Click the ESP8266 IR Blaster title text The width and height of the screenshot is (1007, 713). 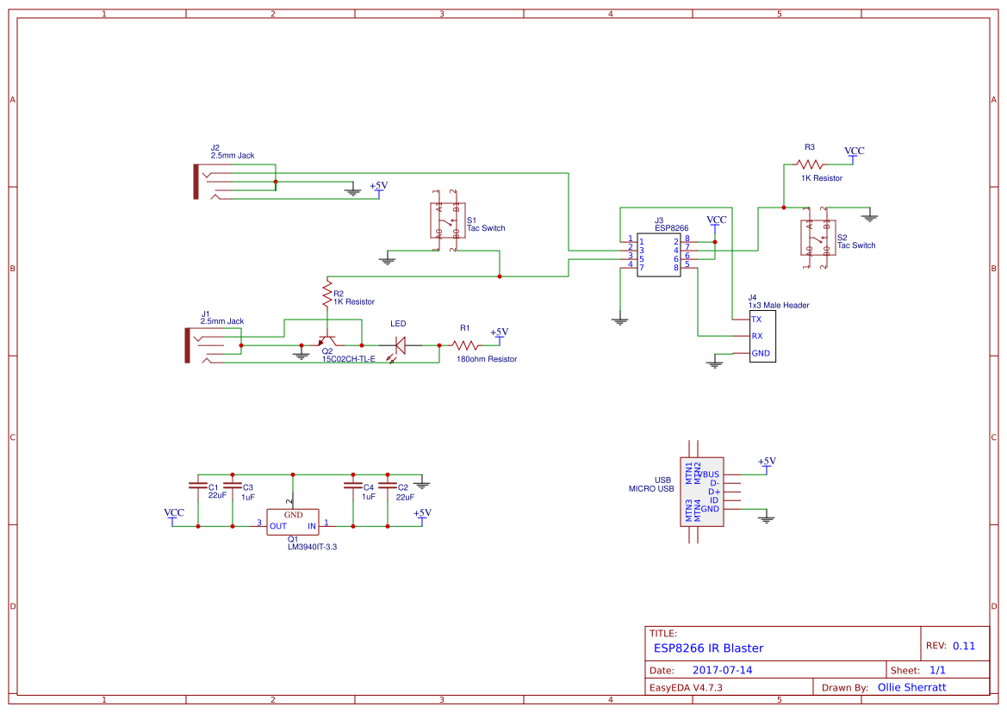pyautogui.click(x=707, y=648)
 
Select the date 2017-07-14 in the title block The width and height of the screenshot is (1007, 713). pyautogui.click(x=722, y=670)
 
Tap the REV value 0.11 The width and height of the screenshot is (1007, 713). pyautogui.click(x=963, y=646)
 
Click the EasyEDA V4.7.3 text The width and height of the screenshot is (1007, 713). pyautogui.click(x=685, y=687)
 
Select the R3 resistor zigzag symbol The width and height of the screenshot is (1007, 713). pyautogui.click(x=809, y=164)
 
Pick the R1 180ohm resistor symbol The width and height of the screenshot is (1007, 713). pyautogui.click(x=464, y=344)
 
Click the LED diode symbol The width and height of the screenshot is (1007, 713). pyautogui.click(x=399, y=345)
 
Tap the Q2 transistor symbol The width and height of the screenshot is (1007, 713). pyautogui.click(x=327, y=342)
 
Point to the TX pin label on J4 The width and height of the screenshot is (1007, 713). pyautogui.click(x=756, y=319)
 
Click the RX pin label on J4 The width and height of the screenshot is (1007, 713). pyautogui.click(x=756, y=336)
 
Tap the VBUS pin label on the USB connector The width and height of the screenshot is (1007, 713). pyautogui.click(x=710, y=474)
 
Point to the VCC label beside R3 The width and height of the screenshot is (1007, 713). pyautogui.click(x=854, y=151)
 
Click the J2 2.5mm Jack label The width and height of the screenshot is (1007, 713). pyautogui.click(x=232, y=152)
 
